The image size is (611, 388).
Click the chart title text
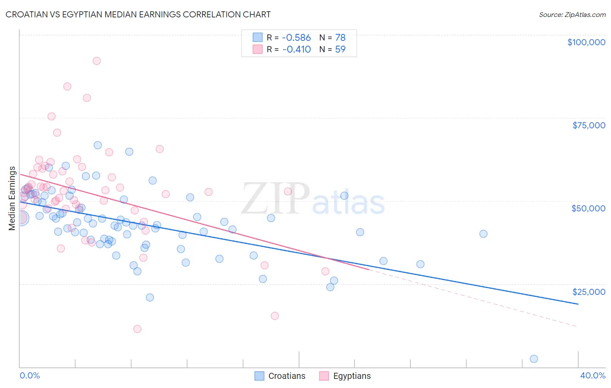138,15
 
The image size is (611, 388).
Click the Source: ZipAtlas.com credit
572,15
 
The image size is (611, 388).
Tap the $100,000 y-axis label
586,42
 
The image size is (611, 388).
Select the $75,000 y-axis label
588,125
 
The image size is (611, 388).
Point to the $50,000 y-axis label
588,208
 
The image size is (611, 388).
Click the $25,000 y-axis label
588,291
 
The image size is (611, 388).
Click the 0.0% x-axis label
30,375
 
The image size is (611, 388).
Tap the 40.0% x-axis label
592,375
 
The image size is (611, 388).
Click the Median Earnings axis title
12,198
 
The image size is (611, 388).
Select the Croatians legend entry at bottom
280,376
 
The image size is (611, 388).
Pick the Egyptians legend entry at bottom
345,376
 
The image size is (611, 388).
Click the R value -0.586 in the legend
296,38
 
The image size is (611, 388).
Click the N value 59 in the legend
340,49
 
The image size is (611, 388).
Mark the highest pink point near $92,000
96,61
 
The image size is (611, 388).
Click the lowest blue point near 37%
534,359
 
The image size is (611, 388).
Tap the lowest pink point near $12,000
137,329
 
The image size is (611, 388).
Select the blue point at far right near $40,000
483,234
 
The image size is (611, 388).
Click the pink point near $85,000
67,86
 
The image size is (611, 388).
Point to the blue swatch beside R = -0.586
258,37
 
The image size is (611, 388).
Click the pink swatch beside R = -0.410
258,49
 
